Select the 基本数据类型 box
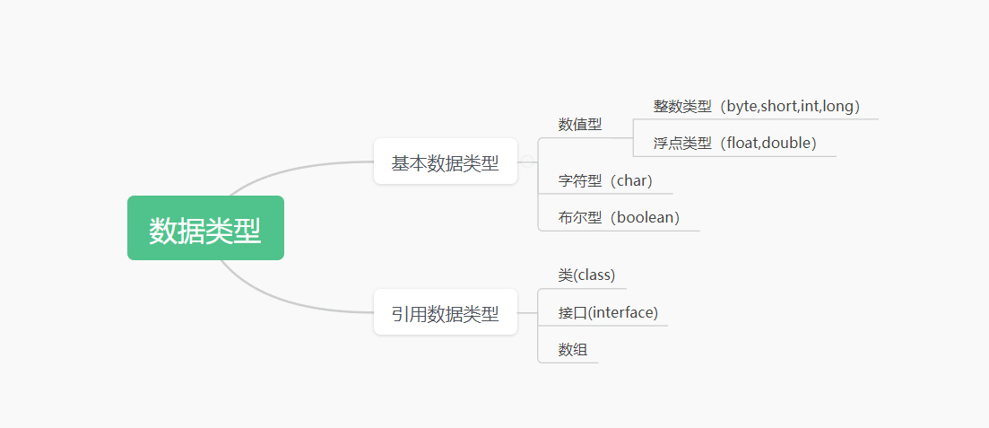(x=445, y=162)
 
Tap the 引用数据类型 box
(x=445, y=313)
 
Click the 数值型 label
(x=580, y=125)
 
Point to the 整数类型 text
(x=681, y=106)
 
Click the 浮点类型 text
(x=681, y=143)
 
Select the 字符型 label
(x=579, y=180)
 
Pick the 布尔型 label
(x=579, y=217)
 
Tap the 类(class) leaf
(x=586, y=275)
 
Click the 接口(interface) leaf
(x=608, y=312)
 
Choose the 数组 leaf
(x=572, y=349)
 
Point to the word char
(x=631, y=180)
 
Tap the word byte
(x=742, y=106)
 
